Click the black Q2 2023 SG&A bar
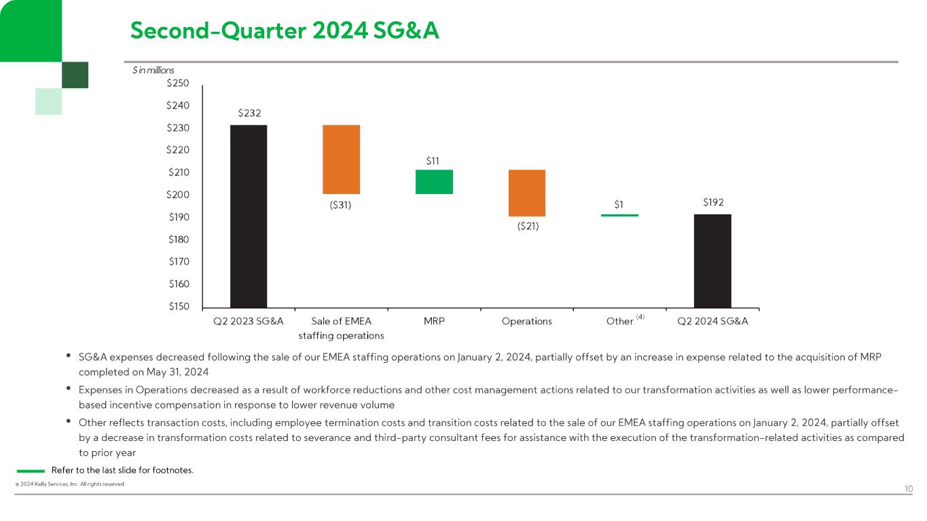click(x=249, y=216)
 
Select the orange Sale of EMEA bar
click(x=341, y=159)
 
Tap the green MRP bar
click(x=434, y=182)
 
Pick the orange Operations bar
click(x=527, y=193)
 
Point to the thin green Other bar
click(x=619, y=215)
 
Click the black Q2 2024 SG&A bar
click(x=712, y=260)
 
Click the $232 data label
click(x=249, y=113)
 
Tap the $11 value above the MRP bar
click(x=433, y=161)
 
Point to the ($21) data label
click(x=526, y=227)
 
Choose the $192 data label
click(x=712, y=202)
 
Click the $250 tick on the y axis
click(x=177, y=83)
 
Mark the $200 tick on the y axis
click(x=177, y=195)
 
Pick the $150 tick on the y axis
click(x=177, y=307)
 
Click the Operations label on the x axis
click(x=527, y=321)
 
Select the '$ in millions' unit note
click(x=153, y=70)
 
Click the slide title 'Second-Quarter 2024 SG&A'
click(x=285, y=30)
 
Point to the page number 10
click(x=908, y=488)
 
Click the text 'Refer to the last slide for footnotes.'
click(x=122, y=470)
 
